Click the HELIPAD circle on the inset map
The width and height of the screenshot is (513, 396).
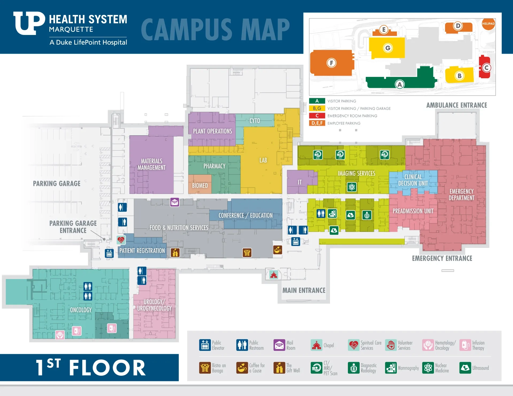pyautogui.click(x=488, y=24)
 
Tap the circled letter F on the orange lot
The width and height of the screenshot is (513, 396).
pyautogui.click(x=331, y=63)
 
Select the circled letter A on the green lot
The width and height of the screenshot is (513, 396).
pyautogui.click(x=400, y=85)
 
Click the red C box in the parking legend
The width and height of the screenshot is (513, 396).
pyautogui.click(x=317, y=116)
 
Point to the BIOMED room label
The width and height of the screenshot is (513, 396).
pyautogui.click(x=200, y=185)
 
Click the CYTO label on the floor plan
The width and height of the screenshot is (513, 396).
pyautogui.click(x=255, y=121)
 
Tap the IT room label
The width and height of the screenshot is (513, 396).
pyautogui.click(x=300, y=182)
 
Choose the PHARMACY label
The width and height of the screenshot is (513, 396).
pyautogui.click(x=214, y=166)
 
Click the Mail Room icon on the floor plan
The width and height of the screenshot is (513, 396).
pyautogui.click(x=175, y=202)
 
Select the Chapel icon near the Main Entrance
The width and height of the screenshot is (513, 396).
pyautogui.click(x=274, y=275)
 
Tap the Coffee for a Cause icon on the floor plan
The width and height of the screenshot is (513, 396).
pyautogui.click(x=278, y=250)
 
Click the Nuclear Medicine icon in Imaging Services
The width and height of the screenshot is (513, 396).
pyautogui.click(x=352, y=187)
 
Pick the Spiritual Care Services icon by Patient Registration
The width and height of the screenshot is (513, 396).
pyautogui.click(x=121, y=240)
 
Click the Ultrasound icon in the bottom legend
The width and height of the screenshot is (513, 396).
pyautogui.click(x=465, y=368)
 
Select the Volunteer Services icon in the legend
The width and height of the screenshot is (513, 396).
pyautogui.click(x=391, y=345)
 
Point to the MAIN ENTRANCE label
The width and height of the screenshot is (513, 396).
pyautogui.click(x=304, y=290)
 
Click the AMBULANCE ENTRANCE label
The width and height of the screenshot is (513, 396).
pyautogui.click(x=456, y=105)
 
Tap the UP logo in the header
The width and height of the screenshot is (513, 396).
pyautogui.click(x=29, y=23)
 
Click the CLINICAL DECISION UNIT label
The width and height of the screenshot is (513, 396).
pyautogui.click(x=413, y=180)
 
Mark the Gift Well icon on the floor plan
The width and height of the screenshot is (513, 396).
pyautogui.click(x=175, y=252)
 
